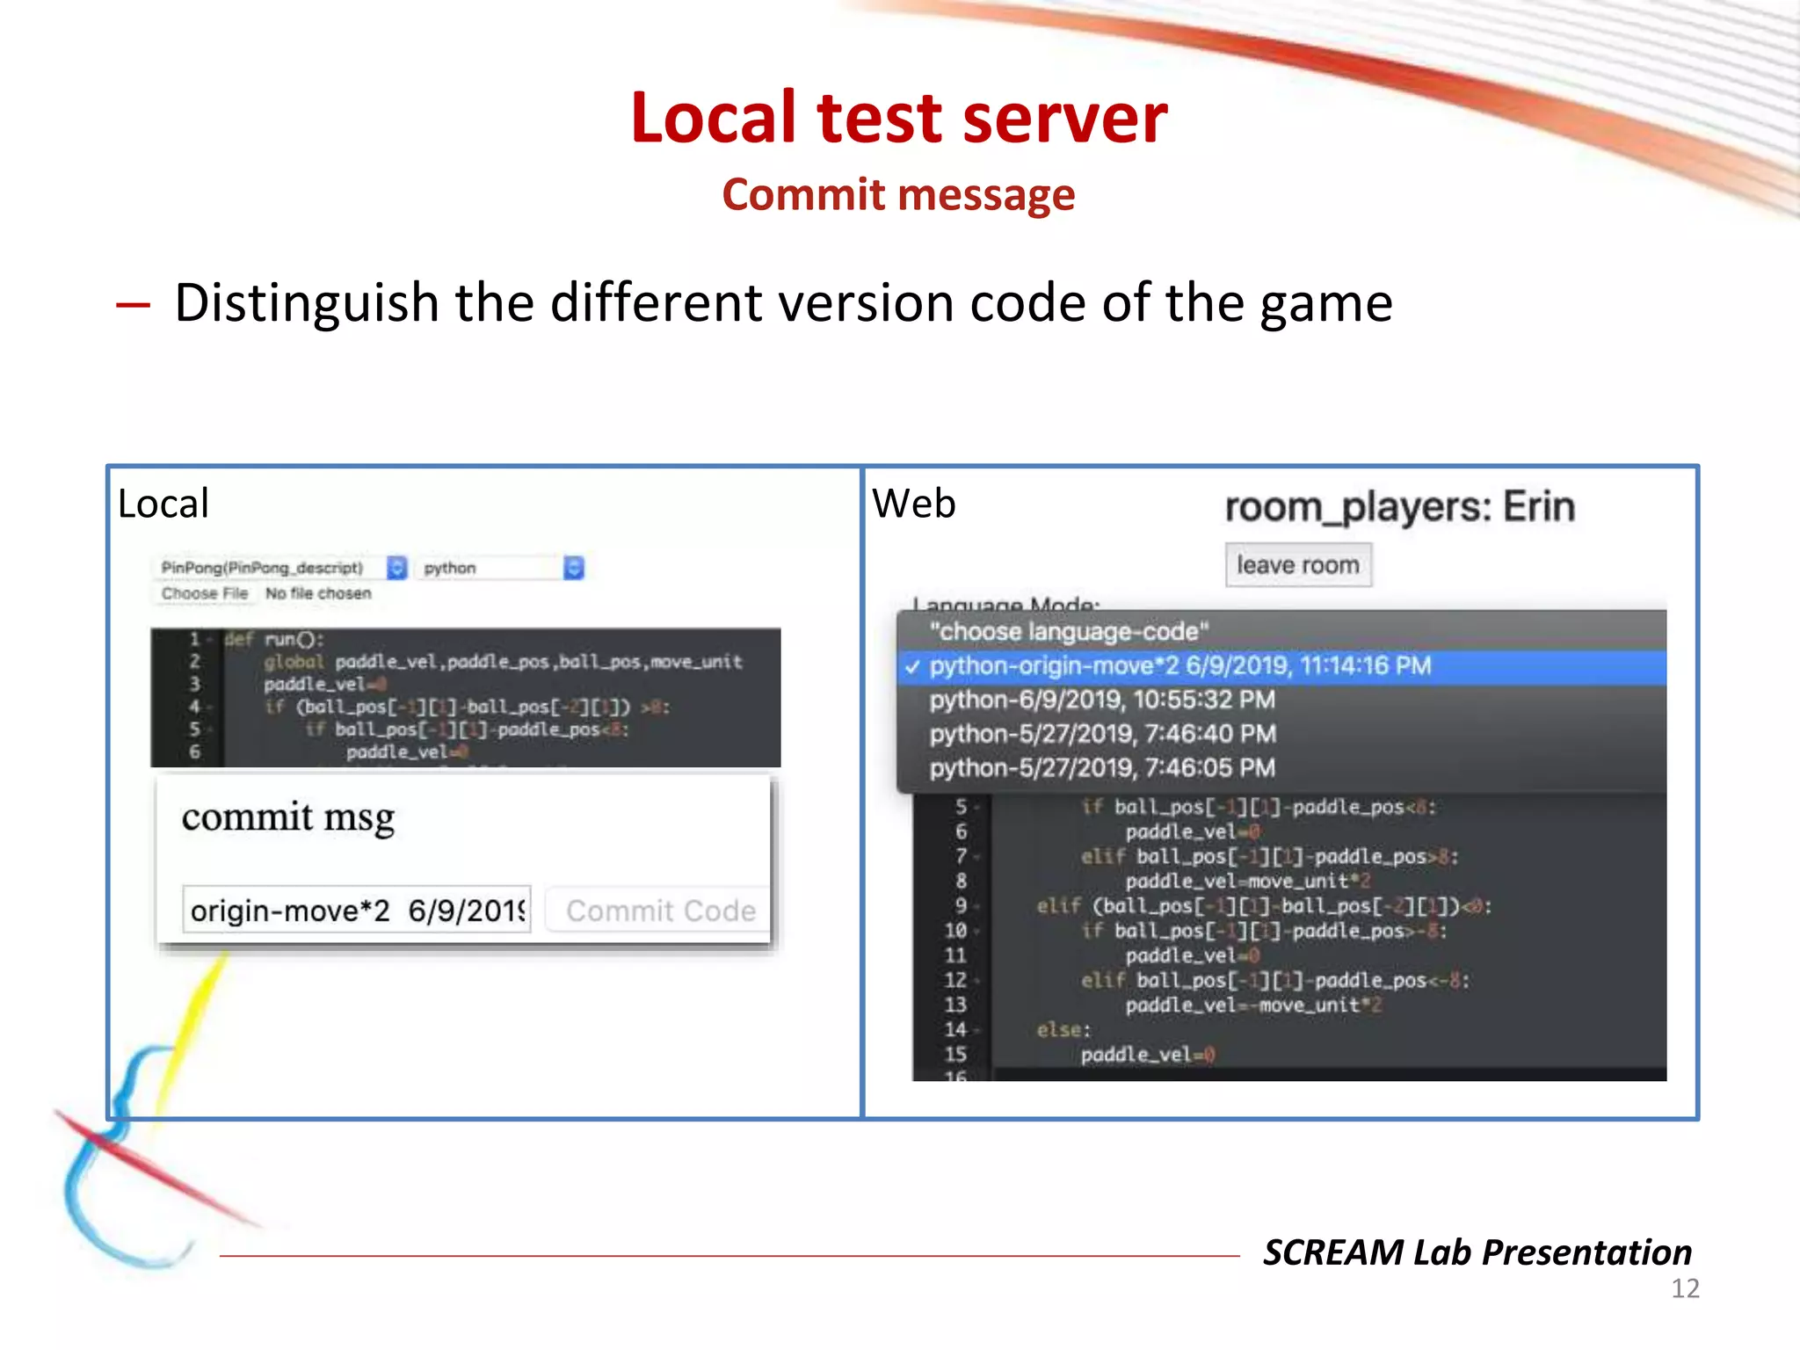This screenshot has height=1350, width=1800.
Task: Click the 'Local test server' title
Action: click(898, 119)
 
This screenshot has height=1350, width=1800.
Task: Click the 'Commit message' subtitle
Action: click(898, 195)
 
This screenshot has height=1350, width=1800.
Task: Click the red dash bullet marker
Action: click(133, 305)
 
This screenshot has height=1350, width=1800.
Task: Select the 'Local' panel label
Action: click(163, 504)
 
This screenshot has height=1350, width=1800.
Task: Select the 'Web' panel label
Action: click(913, 504)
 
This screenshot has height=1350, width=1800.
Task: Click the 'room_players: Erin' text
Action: click(1399, 508)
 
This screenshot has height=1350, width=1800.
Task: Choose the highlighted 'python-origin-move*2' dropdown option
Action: click(1179, 666)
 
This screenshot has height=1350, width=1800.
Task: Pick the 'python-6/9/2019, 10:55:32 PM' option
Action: click(1102, 700)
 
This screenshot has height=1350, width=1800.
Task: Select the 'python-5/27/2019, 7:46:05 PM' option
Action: click(1102, 768)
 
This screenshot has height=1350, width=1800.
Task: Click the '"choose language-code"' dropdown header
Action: click(1069, 632)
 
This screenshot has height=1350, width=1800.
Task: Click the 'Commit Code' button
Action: click(660, 911)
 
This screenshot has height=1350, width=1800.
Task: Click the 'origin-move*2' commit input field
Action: click(357, 911)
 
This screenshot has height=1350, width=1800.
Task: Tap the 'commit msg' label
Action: click(288, 817)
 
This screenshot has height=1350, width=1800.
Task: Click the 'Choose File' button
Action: click(205, 594)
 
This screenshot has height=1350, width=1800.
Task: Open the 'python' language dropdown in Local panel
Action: click(501, 569)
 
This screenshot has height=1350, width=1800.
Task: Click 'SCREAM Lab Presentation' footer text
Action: click(1477, 1252)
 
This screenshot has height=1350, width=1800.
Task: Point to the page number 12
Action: click(1684, 1289)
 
